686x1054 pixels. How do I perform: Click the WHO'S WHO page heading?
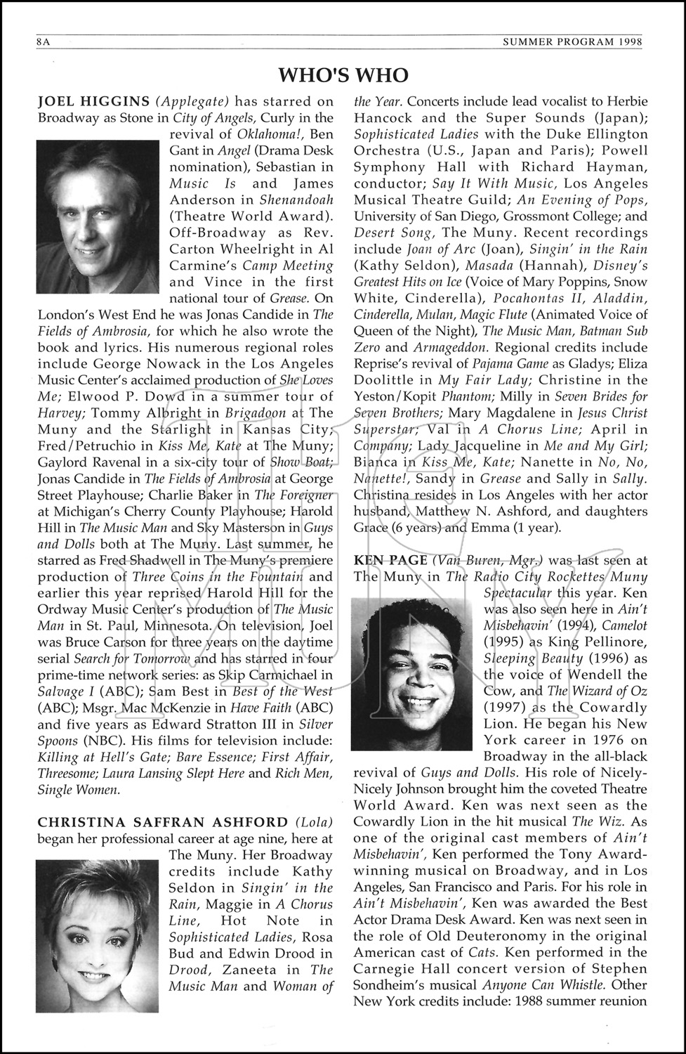(343, 75)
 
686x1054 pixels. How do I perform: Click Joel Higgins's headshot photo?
(98, 216)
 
